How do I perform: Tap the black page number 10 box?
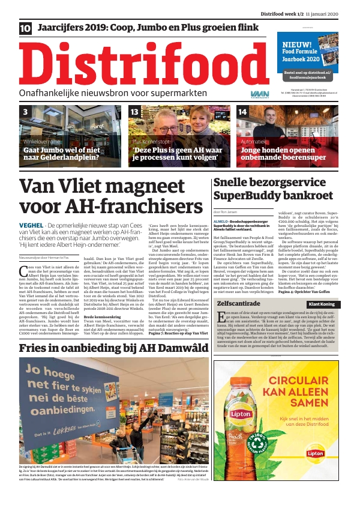pyautogui.click(x=26, y=28)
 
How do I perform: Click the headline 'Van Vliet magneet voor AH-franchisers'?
pyautogui.click(x=102, y=196)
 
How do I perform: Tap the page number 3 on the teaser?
pyautogui.click(x=25, y=112)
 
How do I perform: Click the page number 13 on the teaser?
pyautogui.click(x=135, y=112)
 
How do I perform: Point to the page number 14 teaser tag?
pyautogui.click(x=242, y=112)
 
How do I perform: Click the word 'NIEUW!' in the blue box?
pyautogui.click(x=298, y=44)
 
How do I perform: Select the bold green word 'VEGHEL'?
pyautogui.click(x=31, y=225)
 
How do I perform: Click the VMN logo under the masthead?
pyautogui.click(x=259, y=94)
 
